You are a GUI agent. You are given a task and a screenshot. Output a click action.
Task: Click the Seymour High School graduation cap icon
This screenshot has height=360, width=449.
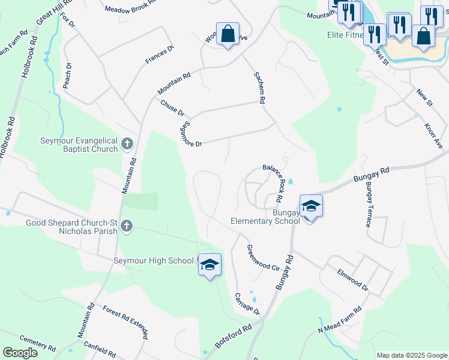click(209, 265)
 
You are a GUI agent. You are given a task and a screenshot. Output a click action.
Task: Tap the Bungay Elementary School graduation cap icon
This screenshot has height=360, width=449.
click(311, 207)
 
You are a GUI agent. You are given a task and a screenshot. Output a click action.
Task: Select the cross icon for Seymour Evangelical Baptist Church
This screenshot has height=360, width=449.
click(127, 144)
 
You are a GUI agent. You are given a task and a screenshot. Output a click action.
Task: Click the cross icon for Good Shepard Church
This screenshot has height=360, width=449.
click(126, 226)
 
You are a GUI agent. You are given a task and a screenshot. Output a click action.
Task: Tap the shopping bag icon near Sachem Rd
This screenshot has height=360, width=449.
click(228, 34)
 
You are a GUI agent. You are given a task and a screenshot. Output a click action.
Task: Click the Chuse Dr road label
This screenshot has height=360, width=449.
click(172, 108)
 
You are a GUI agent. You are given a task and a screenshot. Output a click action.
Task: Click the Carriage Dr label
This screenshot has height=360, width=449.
click(247, 304)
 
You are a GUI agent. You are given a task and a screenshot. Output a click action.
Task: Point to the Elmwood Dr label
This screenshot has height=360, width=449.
click(352, 280)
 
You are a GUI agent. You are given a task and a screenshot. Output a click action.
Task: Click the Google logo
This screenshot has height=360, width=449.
click(20, 353)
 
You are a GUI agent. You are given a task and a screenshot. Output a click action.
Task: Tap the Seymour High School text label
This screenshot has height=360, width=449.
click(154, 260)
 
